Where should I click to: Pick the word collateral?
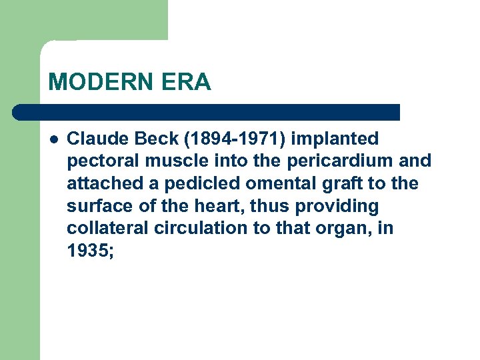click(107, 227)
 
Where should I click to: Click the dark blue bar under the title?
click(207, 111)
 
